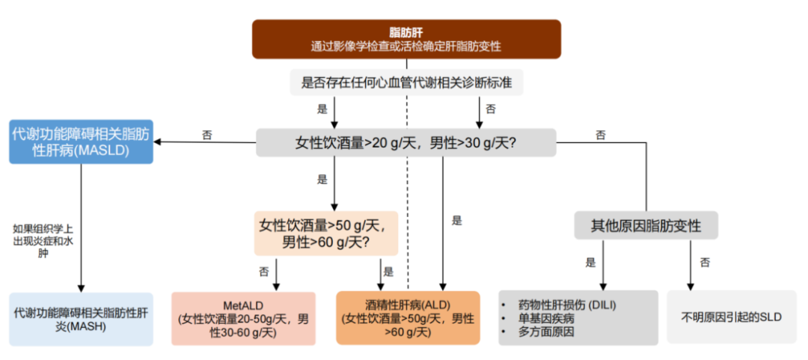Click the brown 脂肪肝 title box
coord(405,38)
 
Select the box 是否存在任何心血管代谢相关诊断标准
coord(406,82)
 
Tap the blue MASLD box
coord(81,141)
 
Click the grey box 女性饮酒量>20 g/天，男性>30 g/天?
coord(406,142)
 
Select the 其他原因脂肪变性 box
coord(646,225)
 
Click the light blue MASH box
coord(81,319)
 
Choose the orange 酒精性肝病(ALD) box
coord(408,318)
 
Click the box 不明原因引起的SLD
coord(731,317)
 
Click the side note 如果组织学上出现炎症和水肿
coord(43,240)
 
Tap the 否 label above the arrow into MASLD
coord(206,135)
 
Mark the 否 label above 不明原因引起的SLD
coord(705,263)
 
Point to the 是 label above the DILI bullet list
coord(591,263)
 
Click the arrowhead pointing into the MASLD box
coord(159,142)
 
